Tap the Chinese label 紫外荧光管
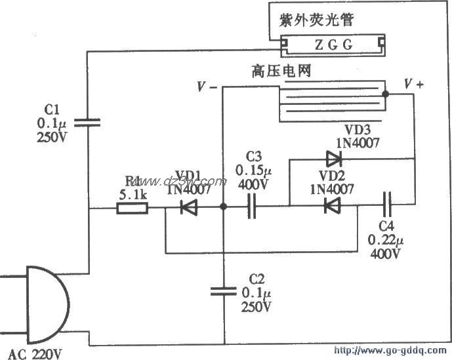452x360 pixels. pyautogui.click(x=317, y=20)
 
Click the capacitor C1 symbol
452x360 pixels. pyautogui.click(x=87, y=121)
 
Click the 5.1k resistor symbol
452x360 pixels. pyautogui.click(x=133, y=209)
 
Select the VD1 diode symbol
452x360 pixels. pyautogui.click(x=190, y=208)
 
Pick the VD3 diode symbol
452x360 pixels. pyautogui.click(x=334, y=158)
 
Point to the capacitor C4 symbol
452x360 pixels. pyautogui.click(x=386, y=205)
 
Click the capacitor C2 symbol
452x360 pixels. pyautogui.click(x=223, y=290)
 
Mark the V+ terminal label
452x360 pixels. pyautogui.click(x=414, y=85)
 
